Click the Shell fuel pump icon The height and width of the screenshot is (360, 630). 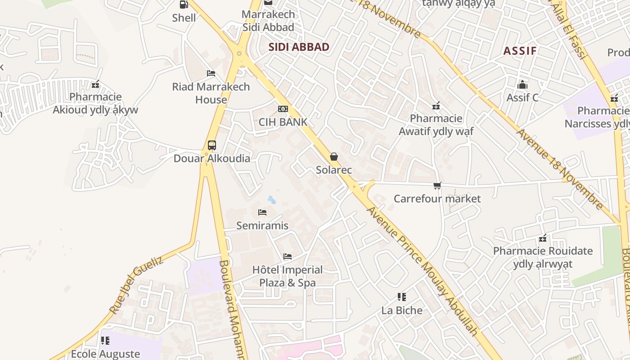coord(184,4)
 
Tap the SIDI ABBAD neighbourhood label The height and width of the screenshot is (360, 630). coord(299,47)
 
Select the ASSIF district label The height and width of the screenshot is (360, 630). coord(520,50)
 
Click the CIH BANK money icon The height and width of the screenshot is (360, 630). coord(283,109)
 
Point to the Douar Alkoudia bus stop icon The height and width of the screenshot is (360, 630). coord(212,145)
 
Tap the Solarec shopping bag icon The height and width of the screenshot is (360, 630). coord(334,157)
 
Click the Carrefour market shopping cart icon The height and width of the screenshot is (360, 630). coord(437,185)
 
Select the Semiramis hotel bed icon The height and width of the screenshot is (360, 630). coord(262,212)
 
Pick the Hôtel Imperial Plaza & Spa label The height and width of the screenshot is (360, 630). coord(288,276)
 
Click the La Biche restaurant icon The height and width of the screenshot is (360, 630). coord(402,297)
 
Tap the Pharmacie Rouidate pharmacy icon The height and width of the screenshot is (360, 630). coord(543,238)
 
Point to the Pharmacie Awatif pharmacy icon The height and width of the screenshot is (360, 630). coord(436,106)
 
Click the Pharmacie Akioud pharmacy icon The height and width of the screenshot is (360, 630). coord(95,84)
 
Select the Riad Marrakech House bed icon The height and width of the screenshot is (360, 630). coord(211,73)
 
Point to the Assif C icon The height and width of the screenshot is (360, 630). coord(522,85)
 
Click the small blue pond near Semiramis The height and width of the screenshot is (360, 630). coord(271,199)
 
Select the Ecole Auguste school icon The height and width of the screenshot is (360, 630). coord(105,341)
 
